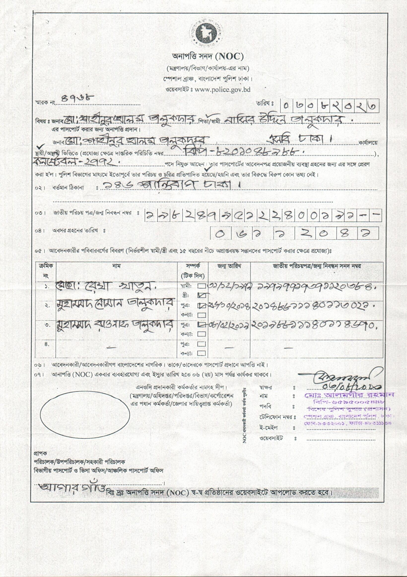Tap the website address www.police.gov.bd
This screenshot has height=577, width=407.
pos(222,89)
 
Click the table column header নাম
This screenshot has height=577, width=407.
pos(117,266)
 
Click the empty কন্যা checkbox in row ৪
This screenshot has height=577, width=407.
pos(201,354)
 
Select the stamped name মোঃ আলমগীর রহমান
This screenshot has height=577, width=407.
pos(349,395)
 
